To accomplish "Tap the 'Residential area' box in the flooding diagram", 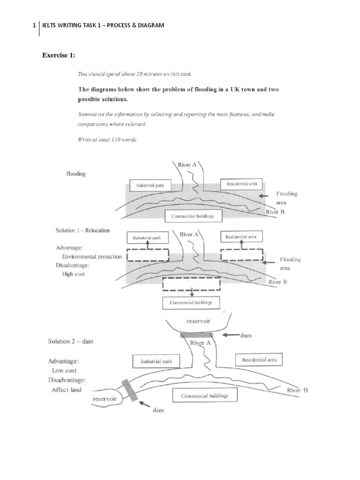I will coord(241,183).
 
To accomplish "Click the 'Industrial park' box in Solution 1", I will coord(147,238).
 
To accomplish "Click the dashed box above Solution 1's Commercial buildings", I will coord(191,284).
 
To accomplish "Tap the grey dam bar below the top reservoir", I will coord(196,335).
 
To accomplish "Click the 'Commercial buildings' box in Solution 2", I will coord(205,396).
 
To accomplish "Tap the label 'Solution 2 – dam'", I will coord(71,341).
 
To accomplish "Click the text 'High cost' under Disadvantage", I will coord(74,274).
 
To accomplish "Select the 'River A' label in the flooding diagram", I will coord(187,165).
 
